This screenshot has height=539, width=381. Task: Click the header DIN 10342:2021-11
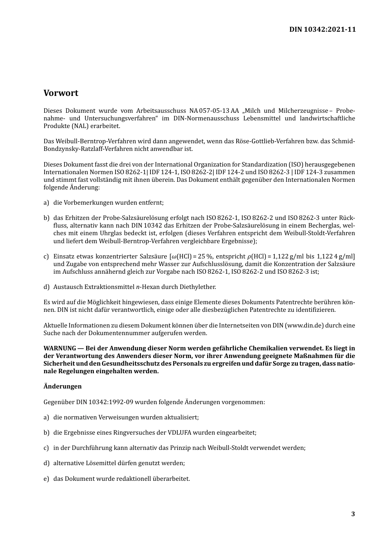coord(322,29)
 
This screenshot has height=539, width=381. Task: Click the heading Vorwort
coord(61,93)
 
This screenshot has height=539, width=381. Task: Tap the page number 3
coord(353,514)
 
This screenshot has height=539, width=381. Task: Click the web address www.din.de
coord(305,325)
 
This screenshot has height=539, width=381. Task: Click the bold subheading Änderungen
coord(63,386)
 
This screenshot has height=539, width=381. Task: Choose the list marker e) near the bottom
coord(46,479)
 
